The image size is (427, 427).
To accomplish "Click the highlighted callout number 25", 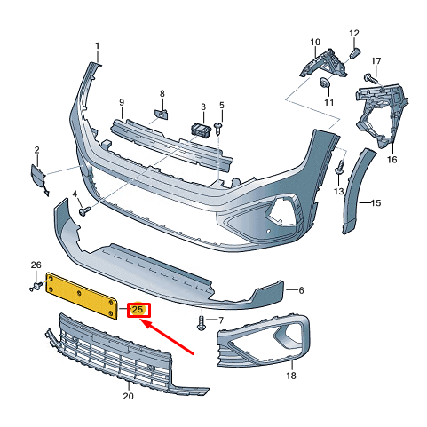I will tap(139, 310).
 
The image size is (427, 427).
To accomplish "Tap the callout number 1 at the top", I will tap(98, 46).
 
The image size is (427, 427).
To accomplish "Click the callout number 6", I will tap(301, 290).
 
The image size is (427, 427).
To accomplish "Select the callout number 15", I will tap(376, 203).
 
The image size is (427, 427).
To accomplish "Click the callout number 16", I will tap(391, 161).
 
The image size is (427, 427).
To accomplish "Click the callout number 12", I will tap(354, 34).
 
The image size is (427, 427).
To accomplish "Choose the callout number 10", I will tap(315, 42).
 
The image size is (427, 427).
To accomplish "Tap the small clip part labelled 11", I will tap(324, 83).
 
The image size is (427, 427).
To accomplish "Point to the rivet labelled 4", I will tap(85, 211).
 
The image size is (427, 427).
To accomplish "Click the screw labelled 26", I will tap(36, 286).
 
